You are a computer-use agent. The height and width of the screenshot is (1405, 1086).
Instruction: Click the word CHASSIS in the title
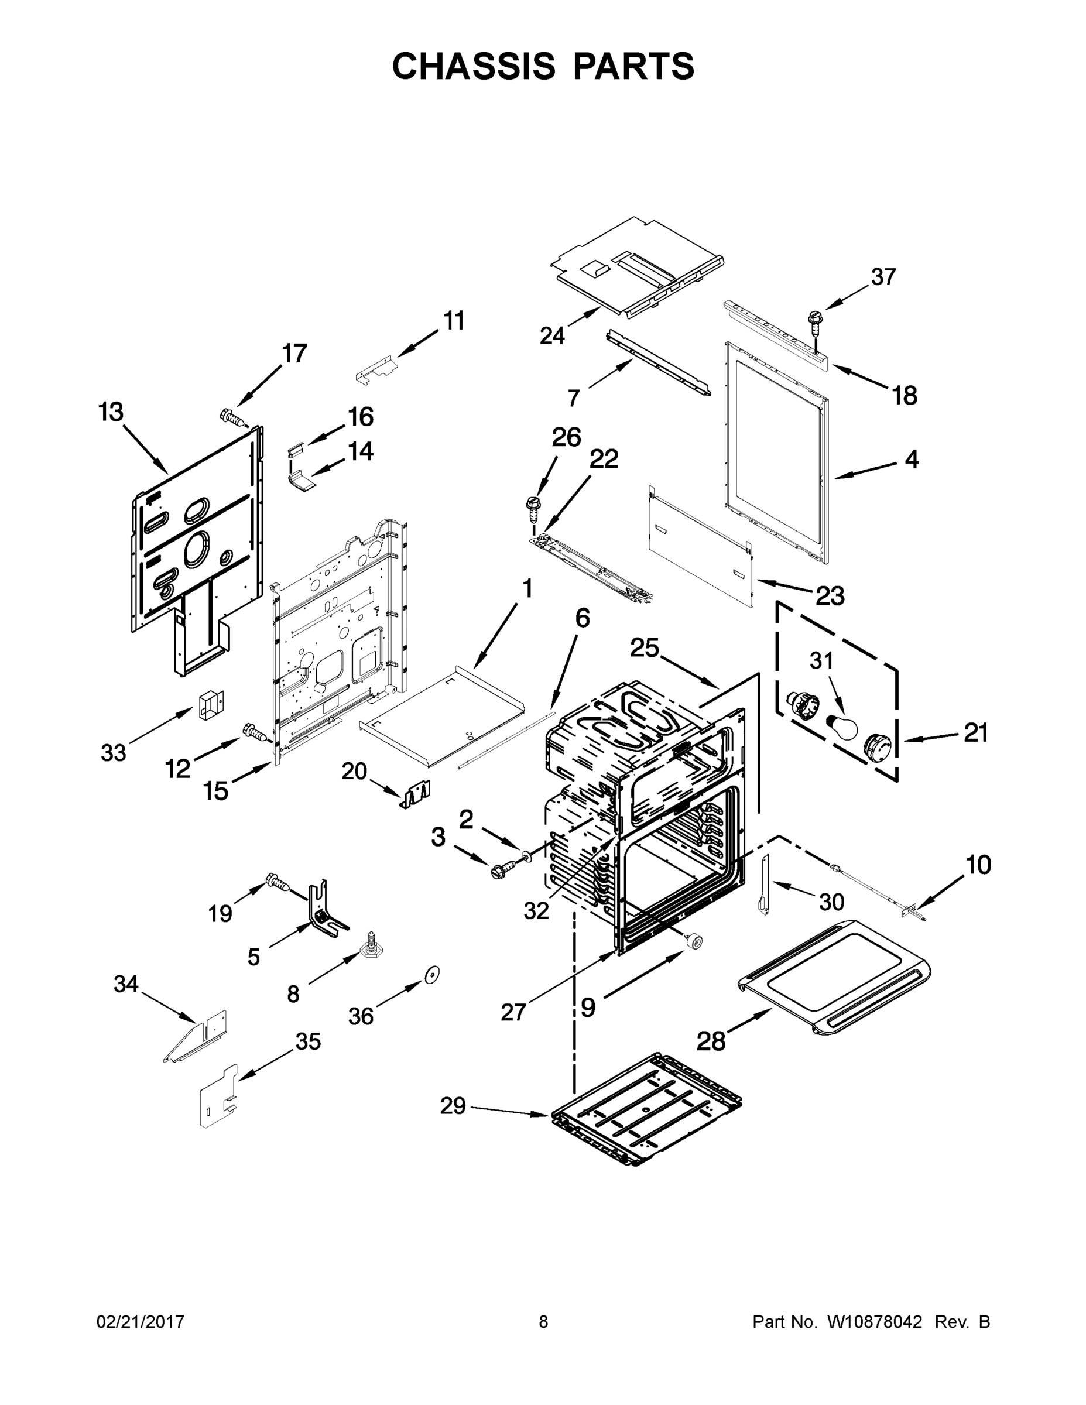474,66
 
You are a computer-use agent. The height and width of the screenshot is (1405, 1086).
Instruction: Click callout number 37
883,277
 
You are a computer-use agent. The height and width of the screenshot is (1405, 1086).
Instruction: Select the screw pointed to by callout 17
233,417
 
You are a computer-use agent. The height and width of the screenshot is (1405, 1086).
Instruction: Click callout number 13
111,412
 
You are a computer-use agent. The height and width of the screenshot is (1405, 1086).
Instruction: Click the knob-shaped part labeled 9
694,941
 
